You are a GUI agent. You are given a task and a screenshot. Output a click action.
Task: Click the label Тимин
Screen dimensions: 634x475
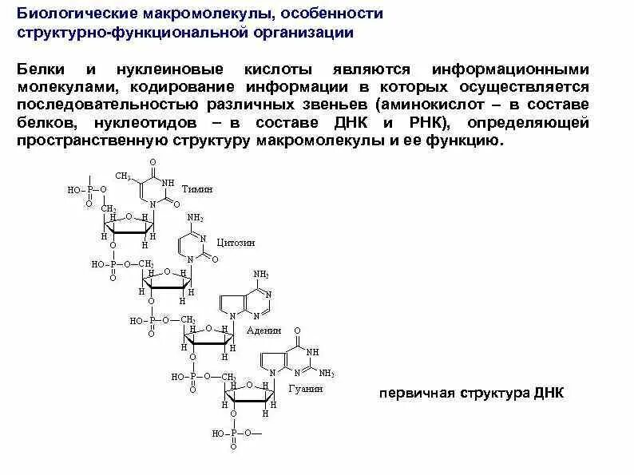click(x=198, y=190)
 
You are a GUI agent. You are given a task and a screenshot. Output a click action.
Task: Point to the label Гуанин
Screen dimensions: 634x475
click(x=307, y=389)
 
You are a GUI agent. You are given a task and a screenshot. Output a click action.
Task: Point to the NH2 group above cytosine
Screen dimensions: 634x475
click(x=195, y=217)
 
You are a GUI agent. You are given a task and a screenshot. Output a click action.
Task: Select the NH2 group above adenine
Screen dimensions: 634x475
click(x=261, y=274)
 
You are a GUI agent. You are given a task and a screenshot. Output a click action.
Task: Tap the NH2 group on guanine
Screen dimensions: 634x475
click(x=327, y=372)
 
